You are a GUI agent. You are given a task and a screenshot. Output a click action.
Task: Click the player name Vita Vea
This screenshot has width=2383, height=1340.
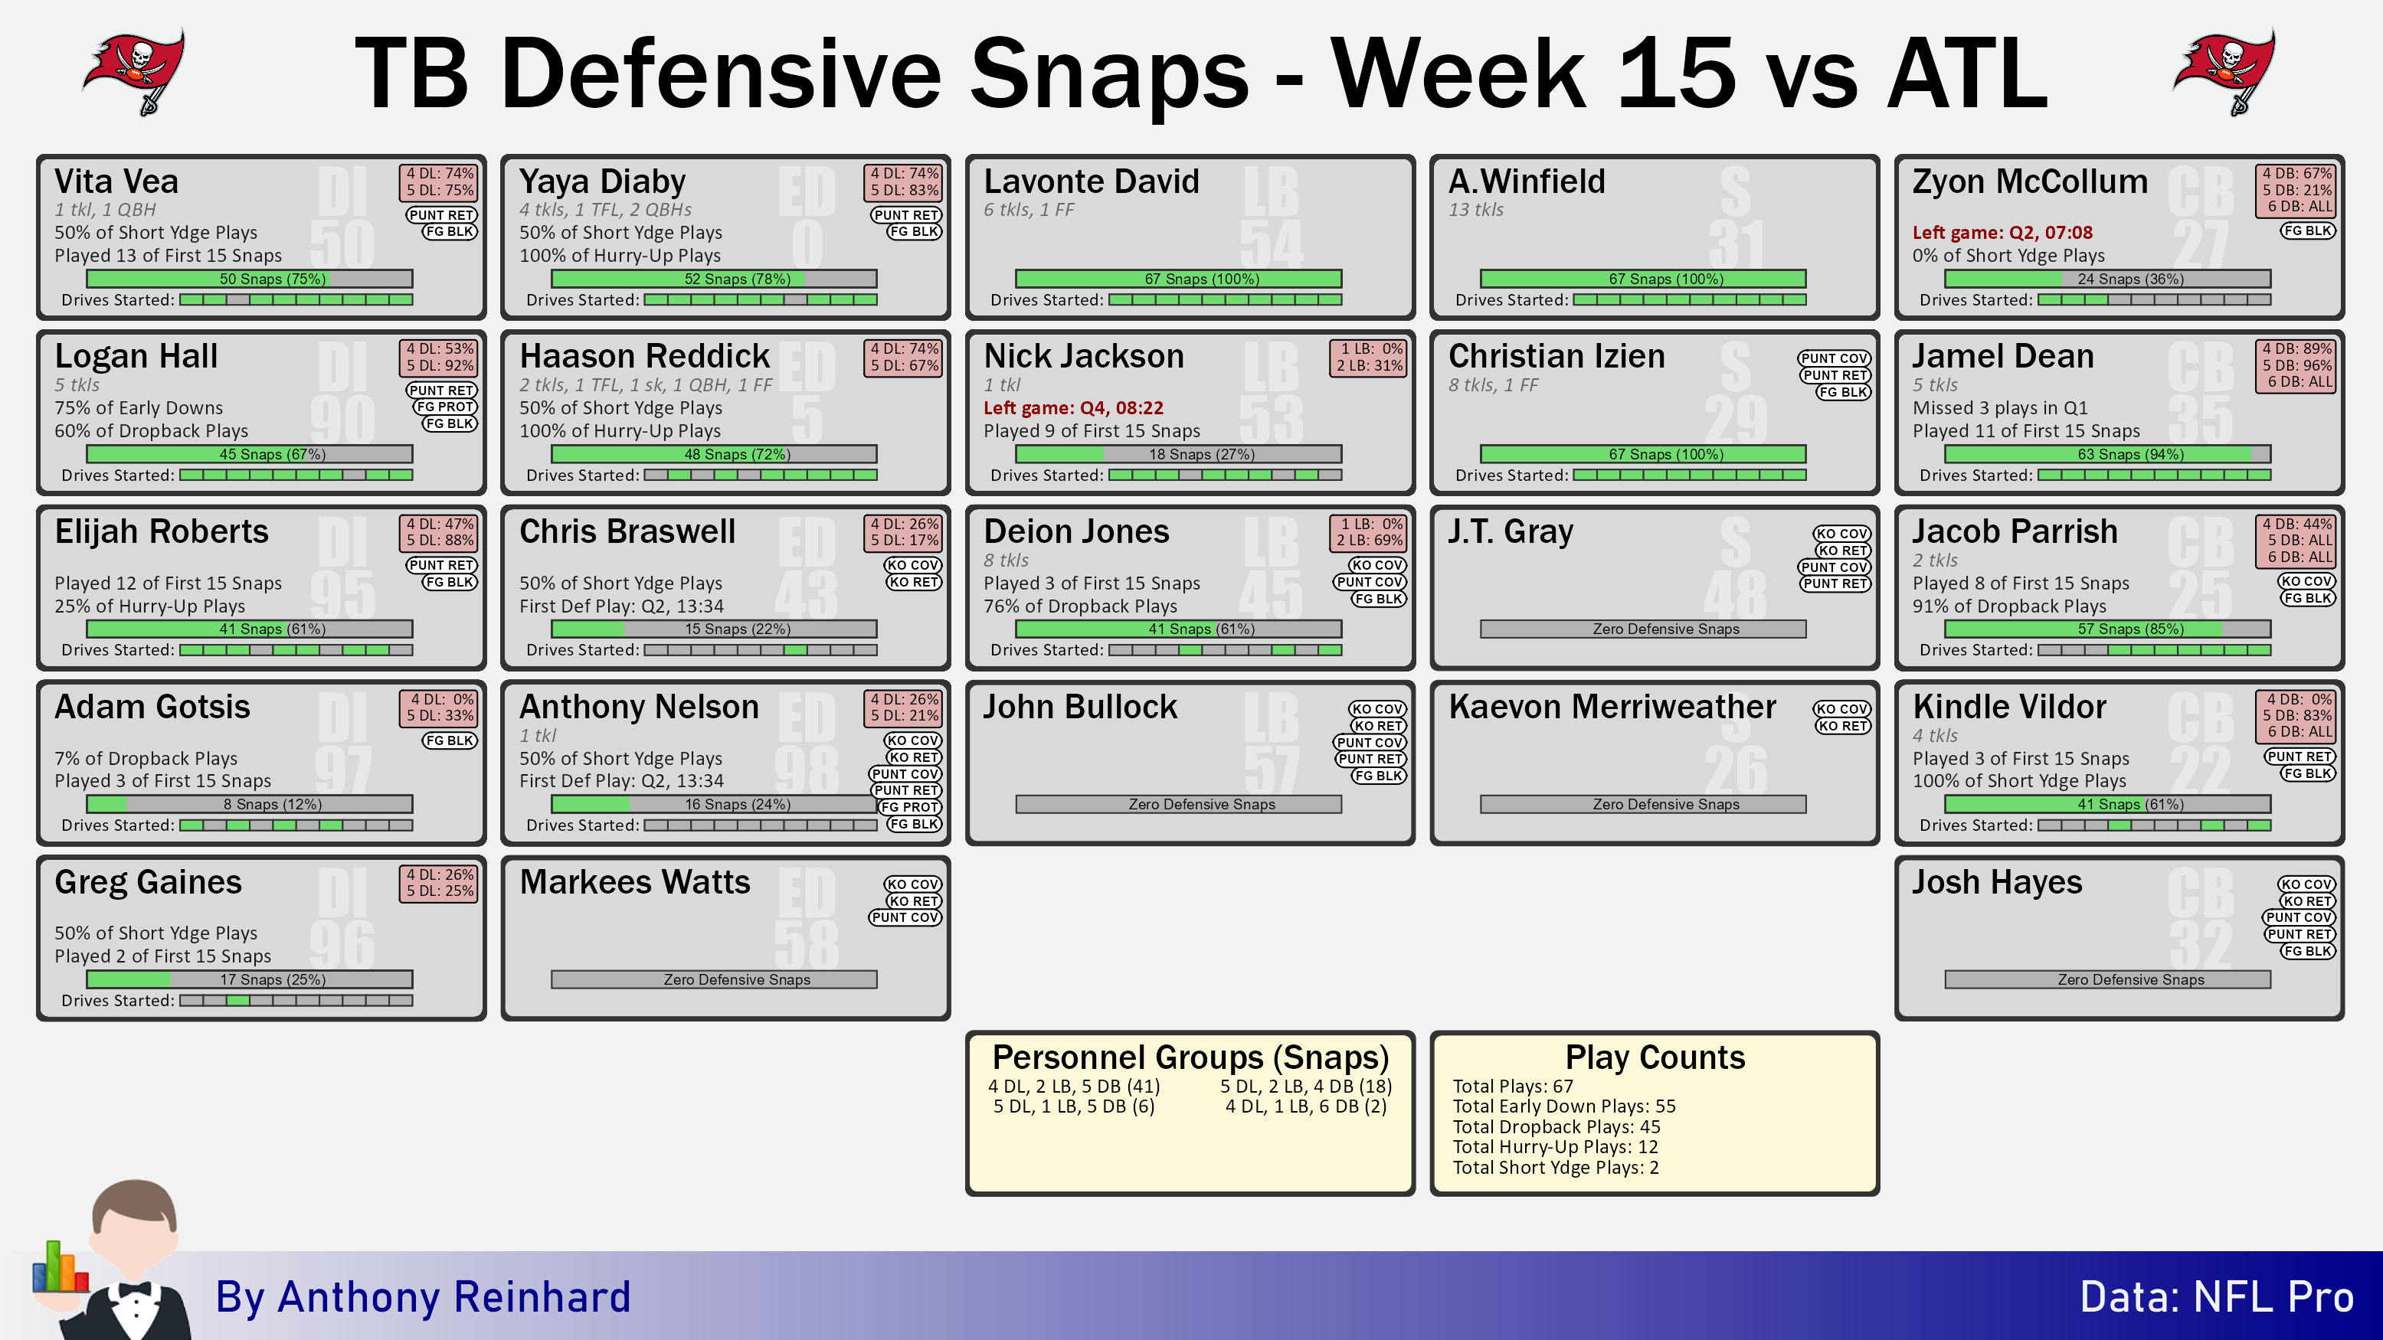click(x=116, y=181)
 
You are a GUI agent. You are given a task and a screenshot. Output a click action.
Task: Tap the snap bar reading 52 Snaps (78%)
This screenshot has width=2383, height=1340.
click(x=714, y=279)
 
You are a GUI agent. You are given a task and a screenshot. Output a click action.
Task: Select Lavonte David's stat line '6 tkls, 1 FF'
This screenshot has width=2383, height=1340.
click(x=1029, y=210)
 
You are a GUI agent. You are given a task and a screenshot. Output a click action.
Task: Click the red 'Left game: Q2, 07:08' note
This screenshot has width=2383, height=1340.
click(x=2002, y=232)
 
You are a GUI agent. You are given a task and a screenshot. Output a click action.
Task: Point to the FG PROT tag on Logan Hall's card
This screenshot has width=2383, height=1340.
click(x=446, y=407)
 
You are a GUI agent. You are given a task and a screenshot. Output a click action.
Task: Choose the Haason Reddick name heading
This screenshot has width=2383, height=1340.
click(x=645, y=356)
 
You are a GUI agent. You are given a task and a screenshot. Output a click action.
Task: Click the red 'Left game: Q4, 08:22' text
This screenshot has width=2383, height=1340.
click(x=1073, y=408)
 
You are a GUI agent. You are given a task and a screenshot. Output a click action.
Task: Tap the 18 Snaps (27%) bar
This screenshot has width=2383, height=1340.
click(x=1179, y=454)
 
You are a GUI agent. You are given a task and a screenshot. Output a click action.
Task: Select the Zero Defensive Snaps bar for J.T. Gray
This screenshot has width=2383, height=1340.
click(x=1643, y=629)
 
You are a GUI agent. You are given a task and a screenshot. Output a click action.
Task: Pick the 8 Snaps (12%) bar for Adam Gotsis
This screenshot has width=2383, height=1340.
click(x=250, y=804)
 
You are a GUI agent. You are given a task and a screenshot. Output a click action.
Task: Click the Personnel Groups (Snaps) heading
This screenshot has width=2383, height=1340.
click(x=1190, y=1057)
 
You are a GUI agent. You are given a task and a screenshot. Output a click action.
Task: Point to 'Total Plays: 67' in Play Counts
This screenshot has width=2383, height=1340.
click(x=1513, y=1087)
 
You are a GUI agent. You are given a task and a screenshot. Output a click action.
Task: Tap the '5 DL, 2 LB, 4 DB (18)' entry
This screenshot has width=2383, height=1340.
click(x=1306, y=1087)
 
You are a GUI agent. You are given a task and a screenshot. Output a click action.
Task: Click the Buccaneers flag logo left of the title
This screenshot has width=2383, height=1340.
click(x=135, y=72)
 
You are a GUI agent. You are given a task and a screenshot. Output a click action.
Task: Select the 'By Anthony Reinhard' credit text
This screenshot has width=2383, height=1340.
click(x=423, y=1296)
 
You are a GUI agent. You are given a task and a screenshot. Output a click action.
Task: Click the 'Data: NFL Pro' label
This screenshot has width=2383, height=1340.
click(x=2217, y=1296)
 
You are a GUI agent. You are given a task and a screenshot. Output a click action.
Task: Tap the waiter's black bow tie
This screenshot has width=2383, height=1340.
click(x=135, y=1290)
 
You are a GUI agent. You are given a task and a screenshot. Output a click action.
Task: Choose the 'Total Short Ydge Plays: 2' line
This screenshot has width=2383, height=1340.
click(x=1556, y=1168)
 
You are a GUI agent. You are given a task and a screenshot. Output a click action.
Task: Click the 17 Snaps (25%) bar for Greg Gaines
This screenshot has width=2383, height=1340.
click(x=250, y=979)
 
